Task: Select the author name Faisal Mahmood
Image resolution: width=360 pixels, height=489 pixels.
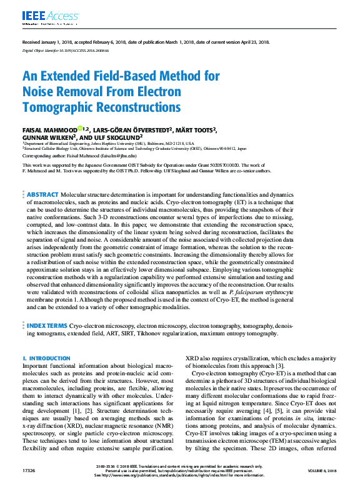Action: point(50,130)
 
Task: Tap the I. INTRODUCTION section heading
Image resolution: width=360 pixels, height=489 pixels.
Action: point(46,358)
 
